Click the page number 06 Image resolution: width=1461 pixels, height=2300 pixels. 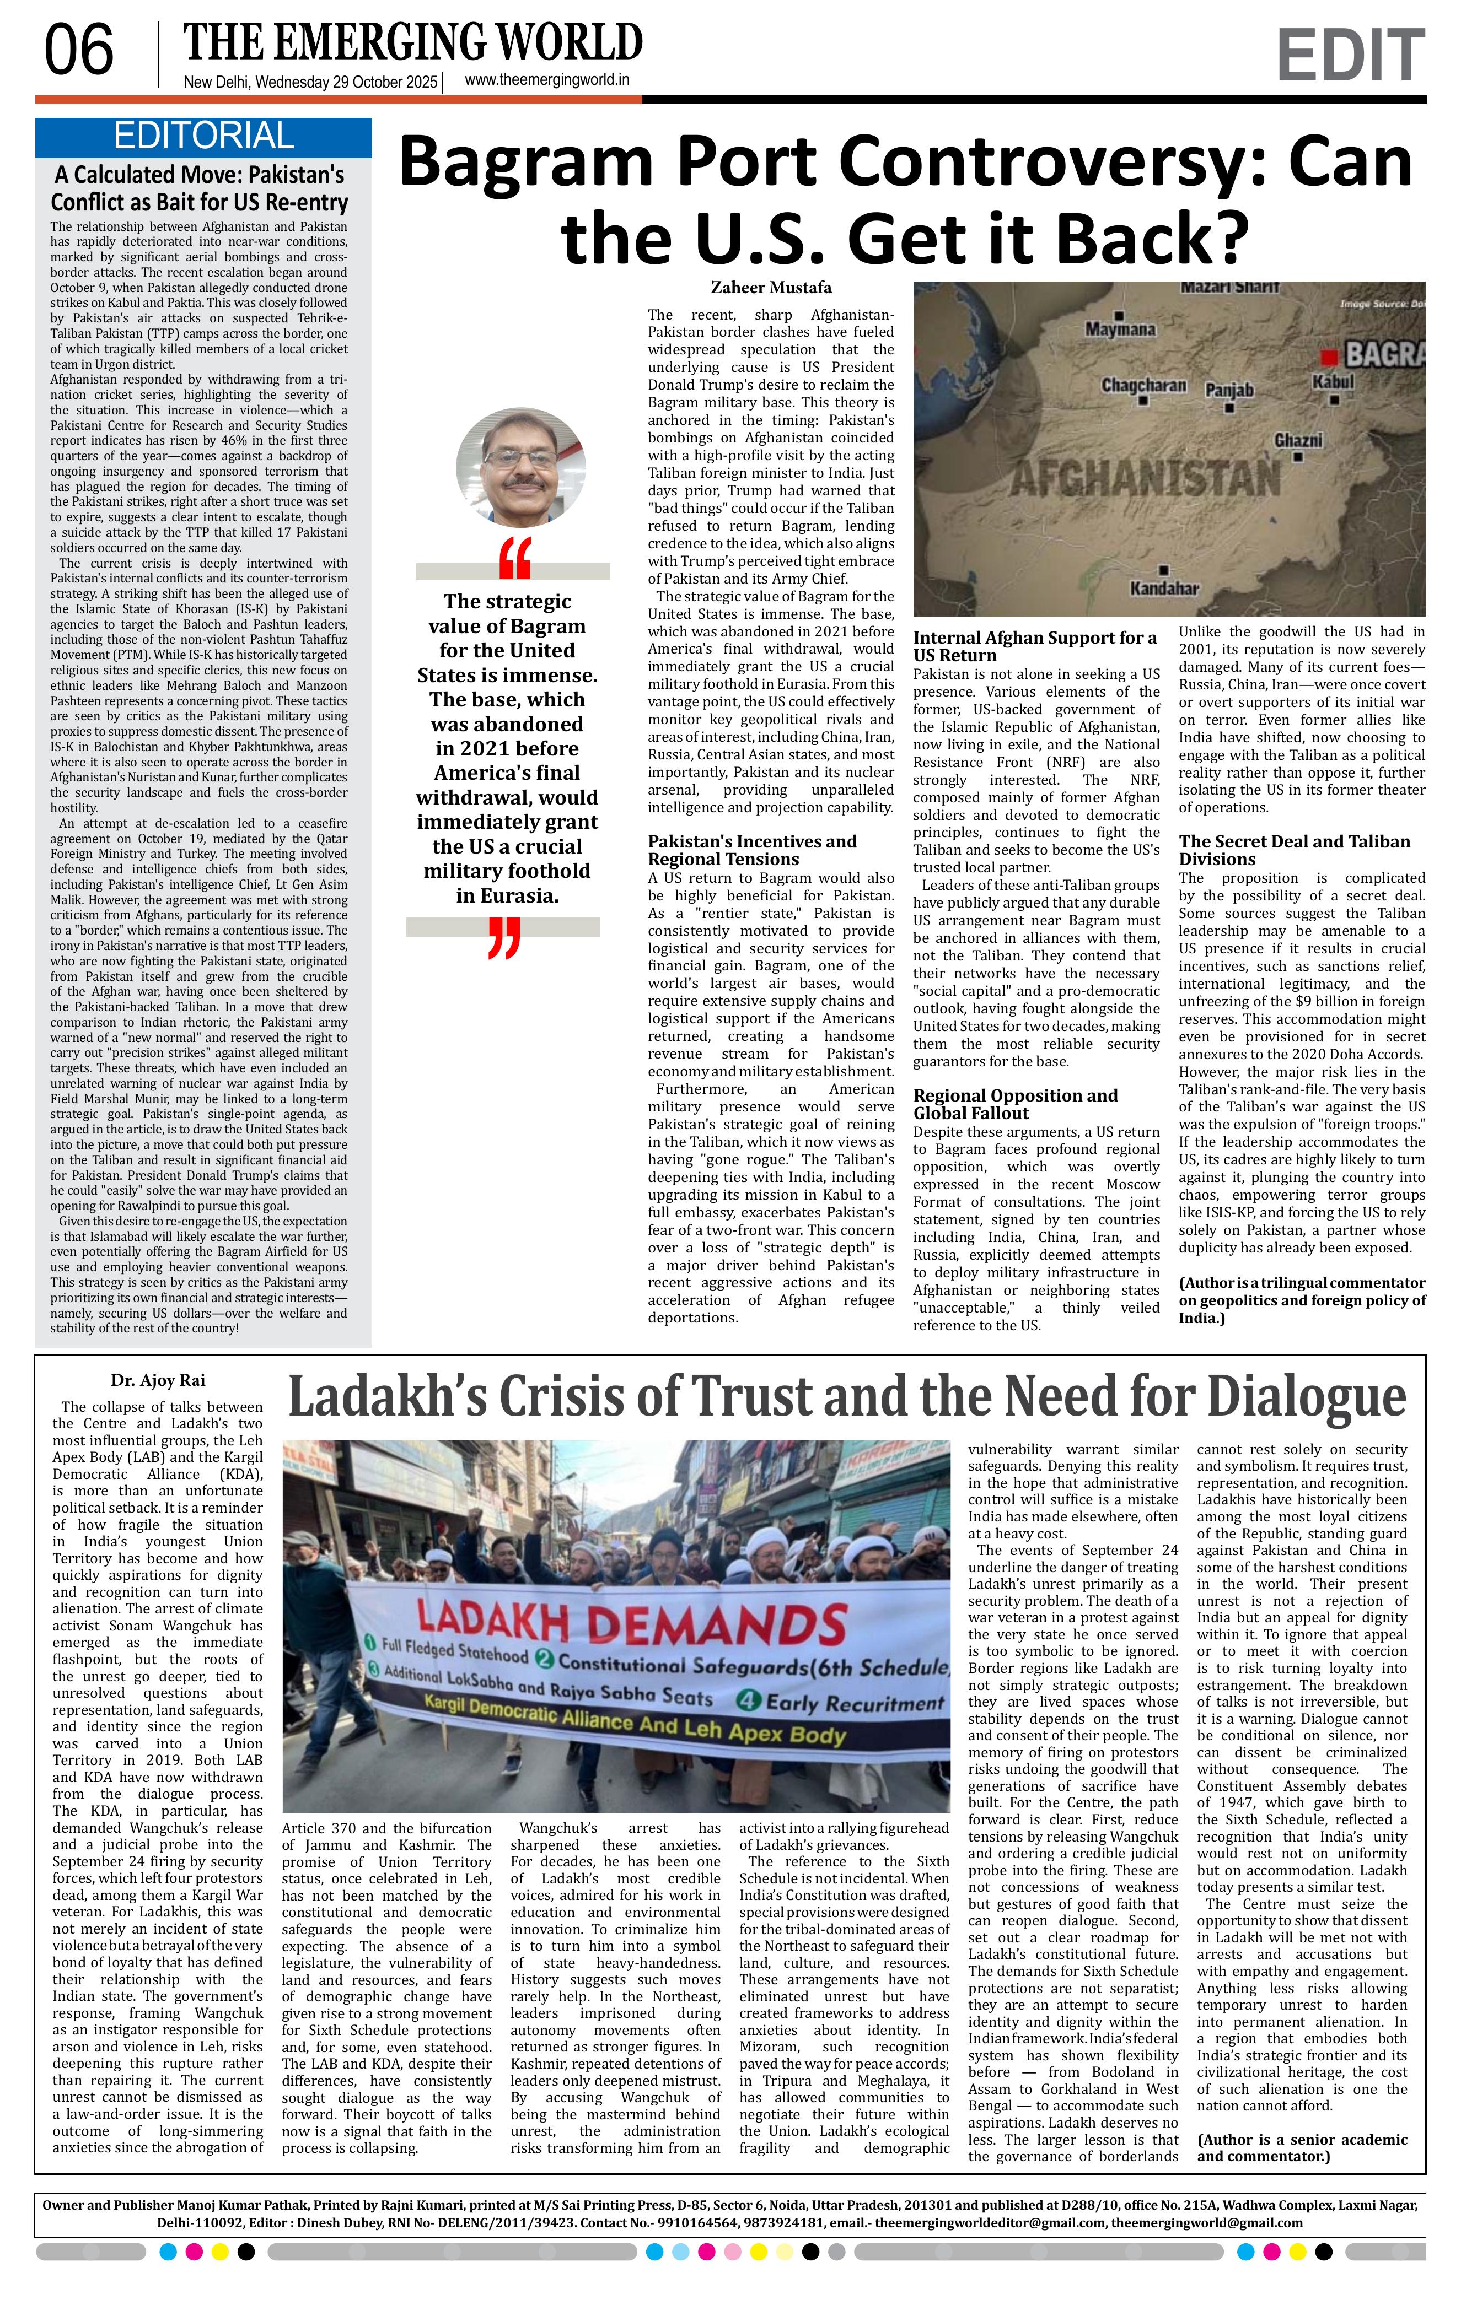79,52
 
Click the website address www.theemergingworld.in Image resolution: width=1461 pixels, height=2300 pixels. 546,81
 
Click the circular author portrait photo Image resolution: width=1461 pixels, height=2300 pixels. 513,467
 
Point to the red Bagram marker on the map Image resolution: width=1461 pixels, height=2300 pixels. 1327,357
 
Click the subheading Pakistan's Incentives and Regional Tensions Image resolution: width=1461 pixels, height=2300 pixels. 752,850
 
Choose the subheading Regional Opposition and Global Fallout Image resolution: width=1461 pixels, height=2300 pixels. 1015,1104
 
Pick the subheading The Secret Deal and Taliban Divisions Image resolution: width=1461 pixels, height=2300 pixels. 1294,850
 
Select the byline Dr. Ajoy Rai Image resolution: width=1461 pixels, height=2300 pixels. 158,1380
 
